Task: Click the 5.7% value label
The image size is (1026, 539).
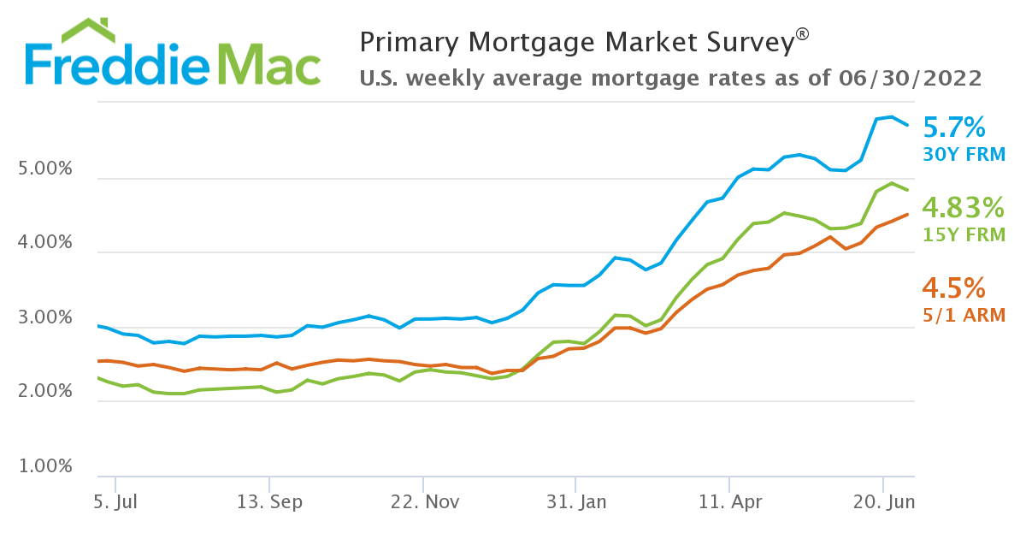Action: (955, 128)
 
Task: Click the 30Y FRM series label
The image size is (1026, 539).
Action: (964, 155)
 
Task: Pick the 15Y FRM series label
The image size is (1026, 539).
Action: (964, 234)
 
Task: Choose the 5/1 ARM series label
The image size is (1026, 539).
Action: (963, 315)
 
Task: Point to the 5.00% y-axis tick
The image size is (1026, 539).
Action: (45, 169)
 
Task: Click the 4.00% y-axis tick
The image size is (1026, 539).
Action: (45, 243)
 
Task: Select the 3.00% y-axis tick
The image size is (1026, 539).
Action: (45, 318)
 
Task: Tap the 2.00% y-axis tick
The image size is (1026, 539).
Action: (45, 392)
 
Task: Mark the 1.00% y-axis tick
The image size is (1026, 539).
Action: (45, 467)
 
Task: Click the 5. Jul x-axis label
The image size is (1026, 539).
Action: (115, 502)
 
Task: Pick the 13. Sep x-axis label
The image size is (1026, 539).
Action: (269, 502)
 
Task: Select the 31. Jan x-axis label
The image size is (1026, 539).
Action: (576, 502)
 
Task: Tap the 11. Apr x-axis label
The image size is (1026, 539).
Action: (729, 502)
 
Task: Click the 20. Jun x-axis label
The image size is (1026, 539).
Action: (882, 502)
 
